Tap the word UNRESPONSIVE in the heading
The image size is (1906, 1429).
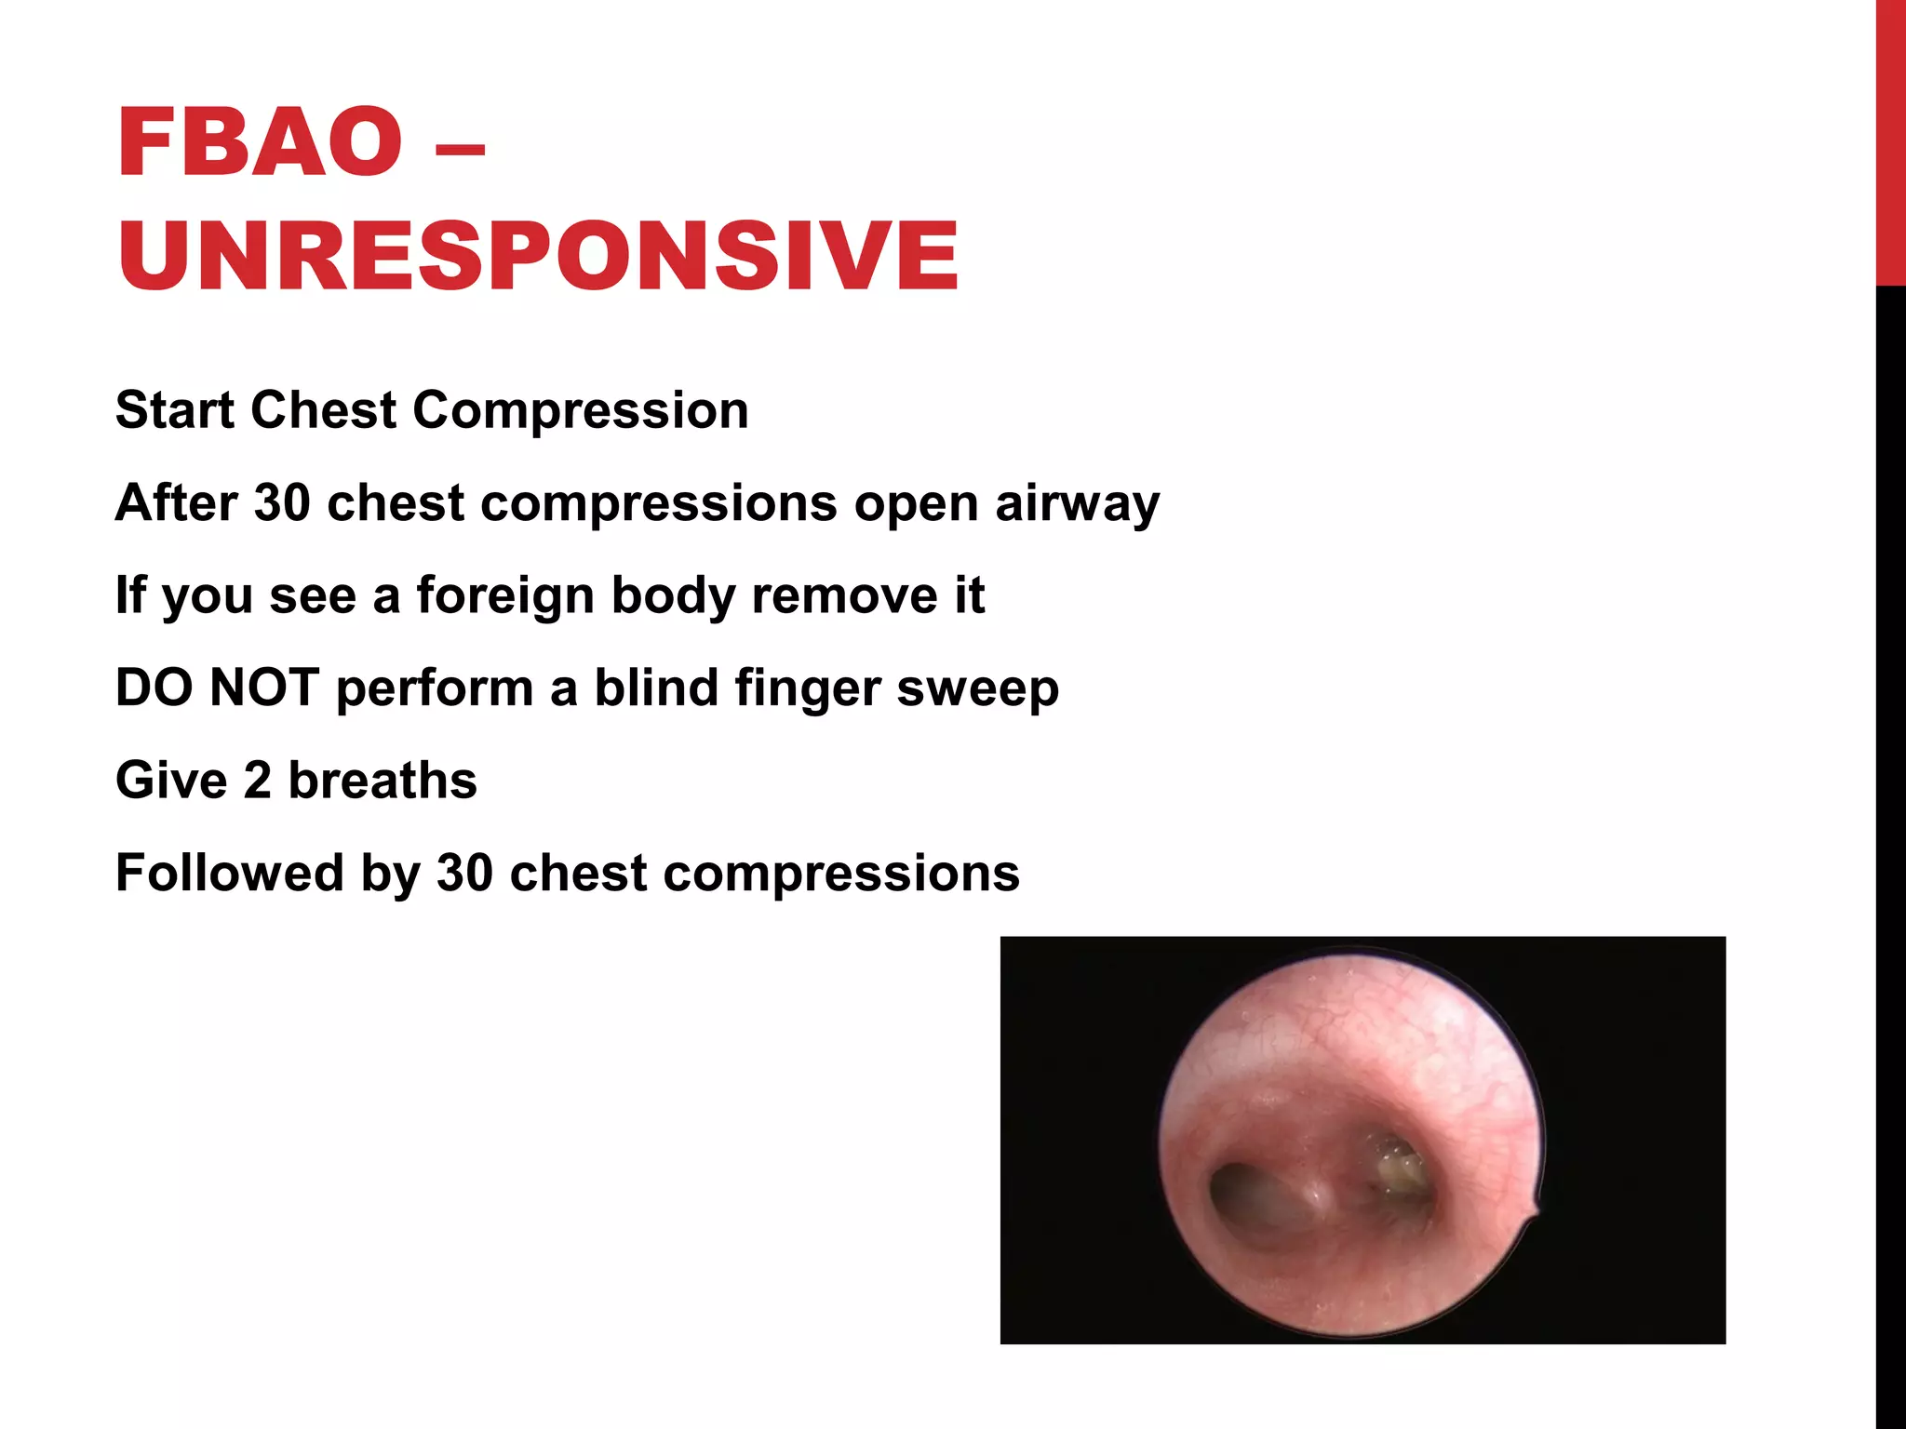[538, 256]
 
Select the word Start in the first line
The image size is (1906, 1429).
[174, 410]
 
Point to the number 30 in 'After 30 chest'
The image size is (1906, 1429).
[282, 503]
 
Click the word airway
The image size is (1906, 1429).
[1077, 503]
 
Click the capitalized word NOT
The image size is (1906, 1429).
[264, 688]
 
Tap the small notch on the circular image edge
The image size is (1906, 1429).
[1533, 1210]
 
